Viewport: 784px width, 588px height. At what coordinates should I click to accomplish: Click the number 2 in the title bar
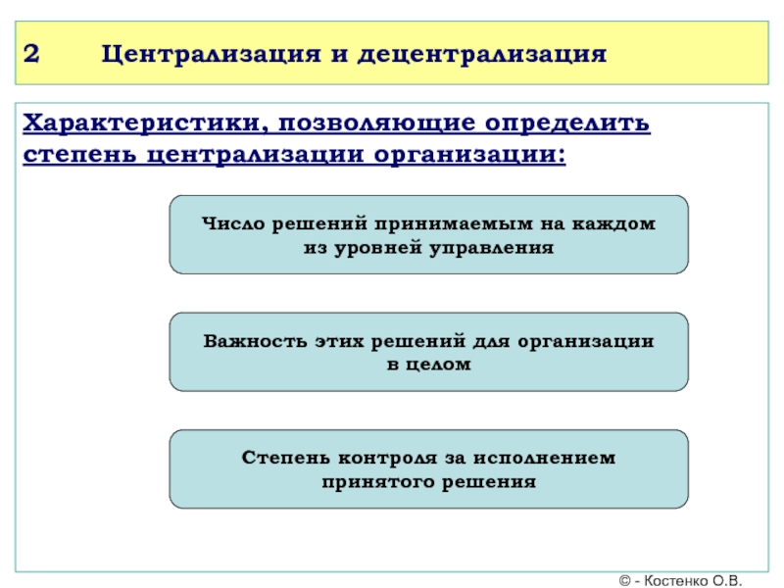point(31,53)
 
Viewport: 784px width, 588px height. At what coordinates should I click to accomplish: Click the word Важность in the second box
point(252,341)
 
